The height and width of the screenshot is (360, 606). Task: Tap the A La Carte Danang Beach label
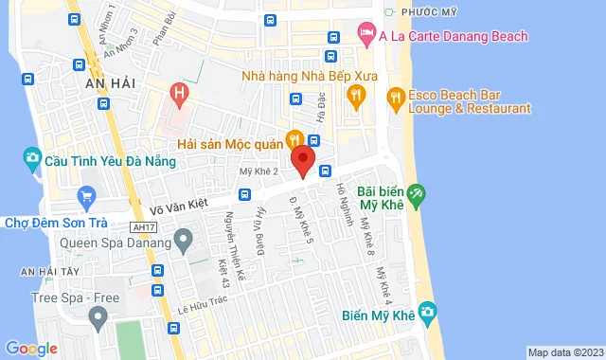coord(453,36)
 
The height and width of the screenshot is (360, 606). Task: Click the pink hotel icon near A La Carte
coord(366,35)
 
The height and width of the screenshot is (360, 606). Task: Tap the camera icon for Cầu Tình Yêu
coord(32,156)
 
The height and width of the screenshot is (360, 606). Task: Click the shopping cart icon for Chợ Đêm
coord(88,198)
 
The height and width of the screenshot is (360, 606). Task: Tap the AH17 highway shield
coord(142,225)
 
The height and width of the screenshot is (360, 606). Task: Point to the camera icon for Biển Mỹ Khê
coord(427,310)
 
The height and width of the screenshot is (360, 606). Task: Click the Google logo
coord(31,348)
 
